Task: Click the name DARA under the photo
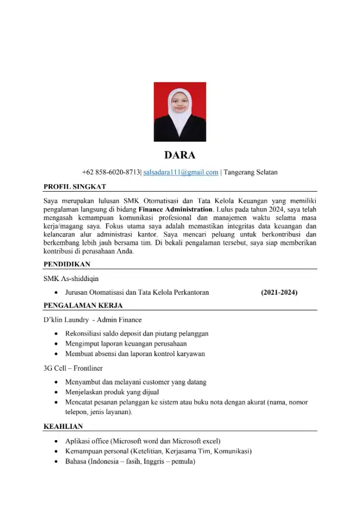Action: pos(179,155)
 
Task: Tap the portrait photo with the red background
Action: pos(180,112)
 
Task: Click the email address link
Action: pos(181,172)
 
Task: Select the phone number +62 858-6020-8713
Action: pos(111,172)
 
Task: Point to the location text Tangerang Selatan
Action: pos(251,172)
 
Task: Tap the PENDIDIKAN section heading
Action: pos(67,264)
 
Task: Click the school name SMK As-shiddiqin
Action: pos(71,278)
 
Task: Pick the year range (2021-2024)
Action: pos(279,293)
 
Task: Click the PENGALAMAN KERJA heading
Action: pos(83,306)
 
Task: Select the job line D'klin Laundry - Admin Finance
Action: pos(93,320)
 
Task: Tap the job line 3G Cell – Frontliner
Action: pos(73,368)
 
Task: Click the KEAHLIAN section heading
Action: pos(63,426)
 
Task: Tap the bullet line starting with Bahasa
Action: pos(131,462)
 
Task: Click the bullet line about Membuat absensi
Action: pos(135,354)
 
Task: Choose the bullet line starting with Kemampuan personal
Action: pos(159,451)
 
